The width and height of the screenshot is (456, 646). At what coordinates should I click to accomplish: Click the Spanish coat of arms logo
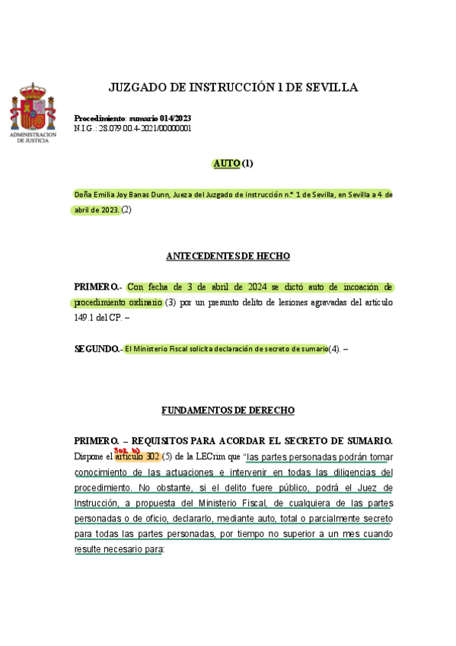pyautogui.click(x=33, y=107)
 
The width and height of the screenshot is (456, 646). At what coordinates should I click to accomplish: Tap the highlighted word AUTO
pyautogui.click(x=226, y=163)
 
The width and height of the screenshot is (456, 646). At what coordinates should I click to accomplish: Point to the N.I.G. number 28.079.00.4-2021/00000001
pyautogui.click(x=144, y=128)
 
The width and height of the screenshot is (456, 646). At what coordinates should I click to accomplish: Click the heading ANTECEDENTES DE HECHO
pyautogui.click(x=228, y=256)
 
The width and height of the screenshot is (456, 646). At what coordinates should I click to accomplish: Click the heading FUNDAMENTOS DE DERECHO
pyautogui.click(x=228, y=411)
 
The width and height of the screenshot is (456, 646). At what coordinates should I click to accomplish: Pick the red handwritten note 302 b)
pyautogui.click(x=126, y=449)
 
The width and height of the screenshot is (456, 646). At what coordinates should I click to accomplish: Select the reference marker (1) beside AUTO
pyautogui.click(x=247, y=163)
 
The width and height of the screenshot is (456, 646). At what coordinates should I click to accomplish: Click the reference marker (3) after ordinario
pyautogui.click(x=171, y=302)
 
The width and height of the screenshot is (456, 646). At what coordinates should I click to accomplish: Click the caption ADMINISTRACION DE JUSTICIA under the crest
pyautogui.click(x=33, y=137)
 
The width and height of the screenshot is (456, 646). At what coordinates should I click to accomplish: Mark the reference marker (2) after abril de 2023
pyautogui.click(x=126, y=209)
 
